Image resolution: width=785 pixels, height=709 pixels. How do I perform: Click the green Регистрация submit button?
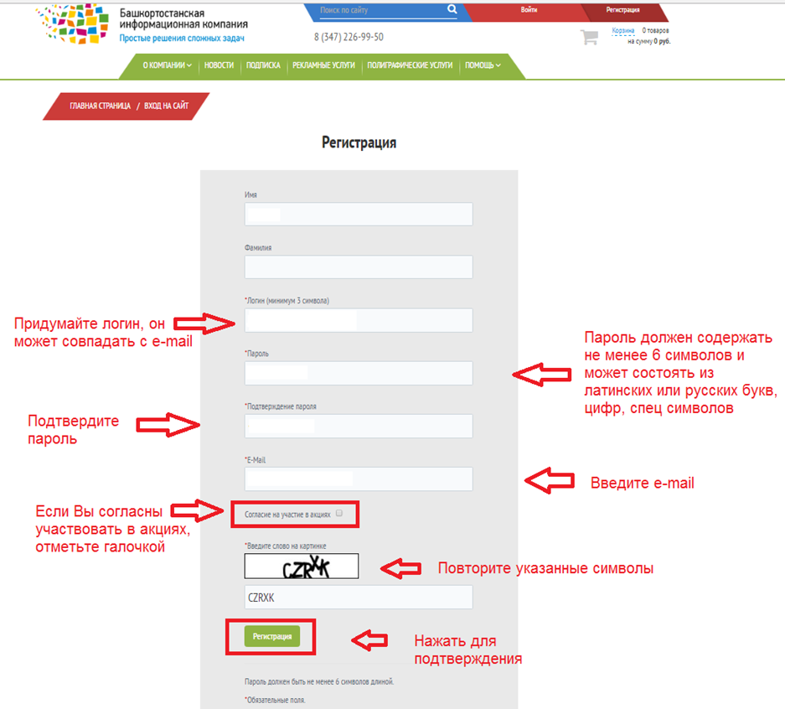point(271,636)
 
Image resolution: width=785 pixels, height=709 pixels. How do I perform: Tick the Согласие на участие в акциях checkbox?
point(339,513)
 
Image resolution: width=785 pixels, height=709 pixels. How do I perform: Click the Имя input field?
point(359,215)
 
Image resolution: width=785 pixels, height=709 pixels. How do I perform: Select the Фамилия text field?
point(359,267)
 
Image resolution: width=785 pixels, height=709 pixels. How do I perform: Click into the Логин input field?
point(359,320)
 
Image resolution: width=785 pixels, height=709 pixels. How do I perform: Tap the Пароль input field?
point(359,374)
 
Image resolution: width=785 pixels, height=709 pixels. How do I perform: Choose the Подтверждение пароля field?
point(359,426)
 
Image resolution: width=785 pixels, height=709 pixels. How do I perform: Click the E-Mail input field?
point(359,479)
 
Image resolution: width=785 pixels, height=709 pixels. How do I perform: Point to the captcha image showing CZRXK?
point(302,567)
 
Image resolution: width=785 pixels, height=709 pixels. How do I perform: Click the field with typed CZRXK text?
point(359,598)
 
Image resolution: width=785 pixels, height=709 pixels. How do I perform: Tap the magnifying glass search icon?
point(452,9)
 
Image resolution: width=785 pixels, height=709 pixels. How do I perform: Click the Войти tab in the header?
point(529,9)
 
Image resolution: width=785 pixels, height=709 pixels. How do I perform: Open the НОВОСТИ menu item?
point(219,65)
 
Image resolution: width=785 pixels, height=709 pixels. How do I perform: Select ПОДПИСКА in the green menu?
point(263,65)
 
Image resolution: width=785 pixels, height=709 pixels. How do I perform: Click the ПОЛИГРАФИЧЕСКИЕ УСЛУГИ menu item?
point(410,65)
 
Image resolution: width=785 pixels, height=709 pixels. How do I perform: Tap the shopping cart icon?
point(589,37)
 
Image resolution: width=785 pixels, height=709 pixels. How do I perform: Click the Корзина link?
point(622,30)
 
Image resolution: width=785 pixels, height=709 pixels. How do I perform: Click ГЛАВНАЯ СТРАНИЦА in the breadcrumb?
point(101,106)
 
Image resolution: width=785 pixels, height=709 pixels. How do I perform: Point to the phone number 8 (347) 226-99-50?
point(349,37)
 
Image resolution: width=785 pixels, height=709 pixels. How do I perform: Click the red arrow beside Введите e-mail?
point(550,481)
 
